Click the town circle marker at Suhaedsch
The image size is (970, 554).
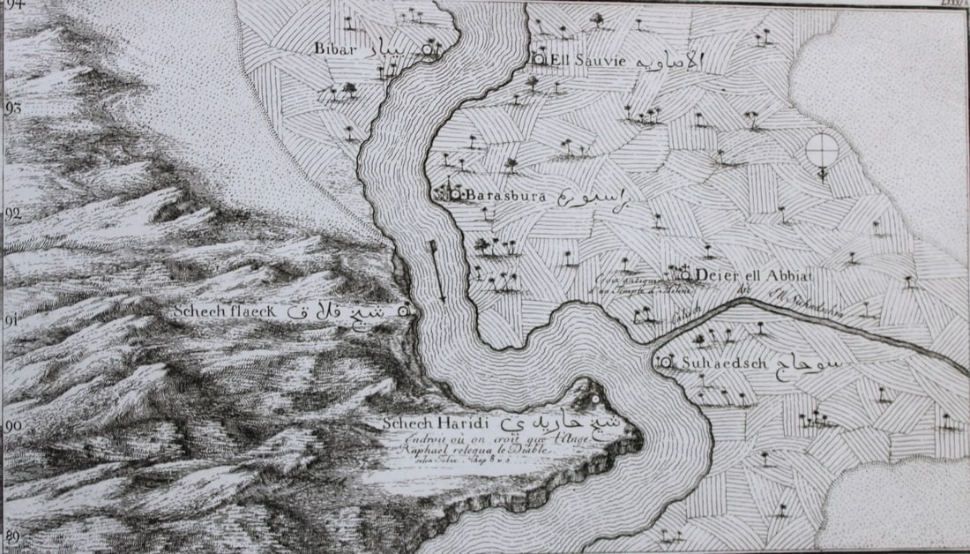pos(660,362)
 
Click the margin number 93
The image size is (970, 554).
pos(12,109)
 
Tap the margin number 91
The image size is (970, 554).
pos(12,319)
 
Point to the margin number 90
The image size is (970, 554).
pos(12,425)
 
